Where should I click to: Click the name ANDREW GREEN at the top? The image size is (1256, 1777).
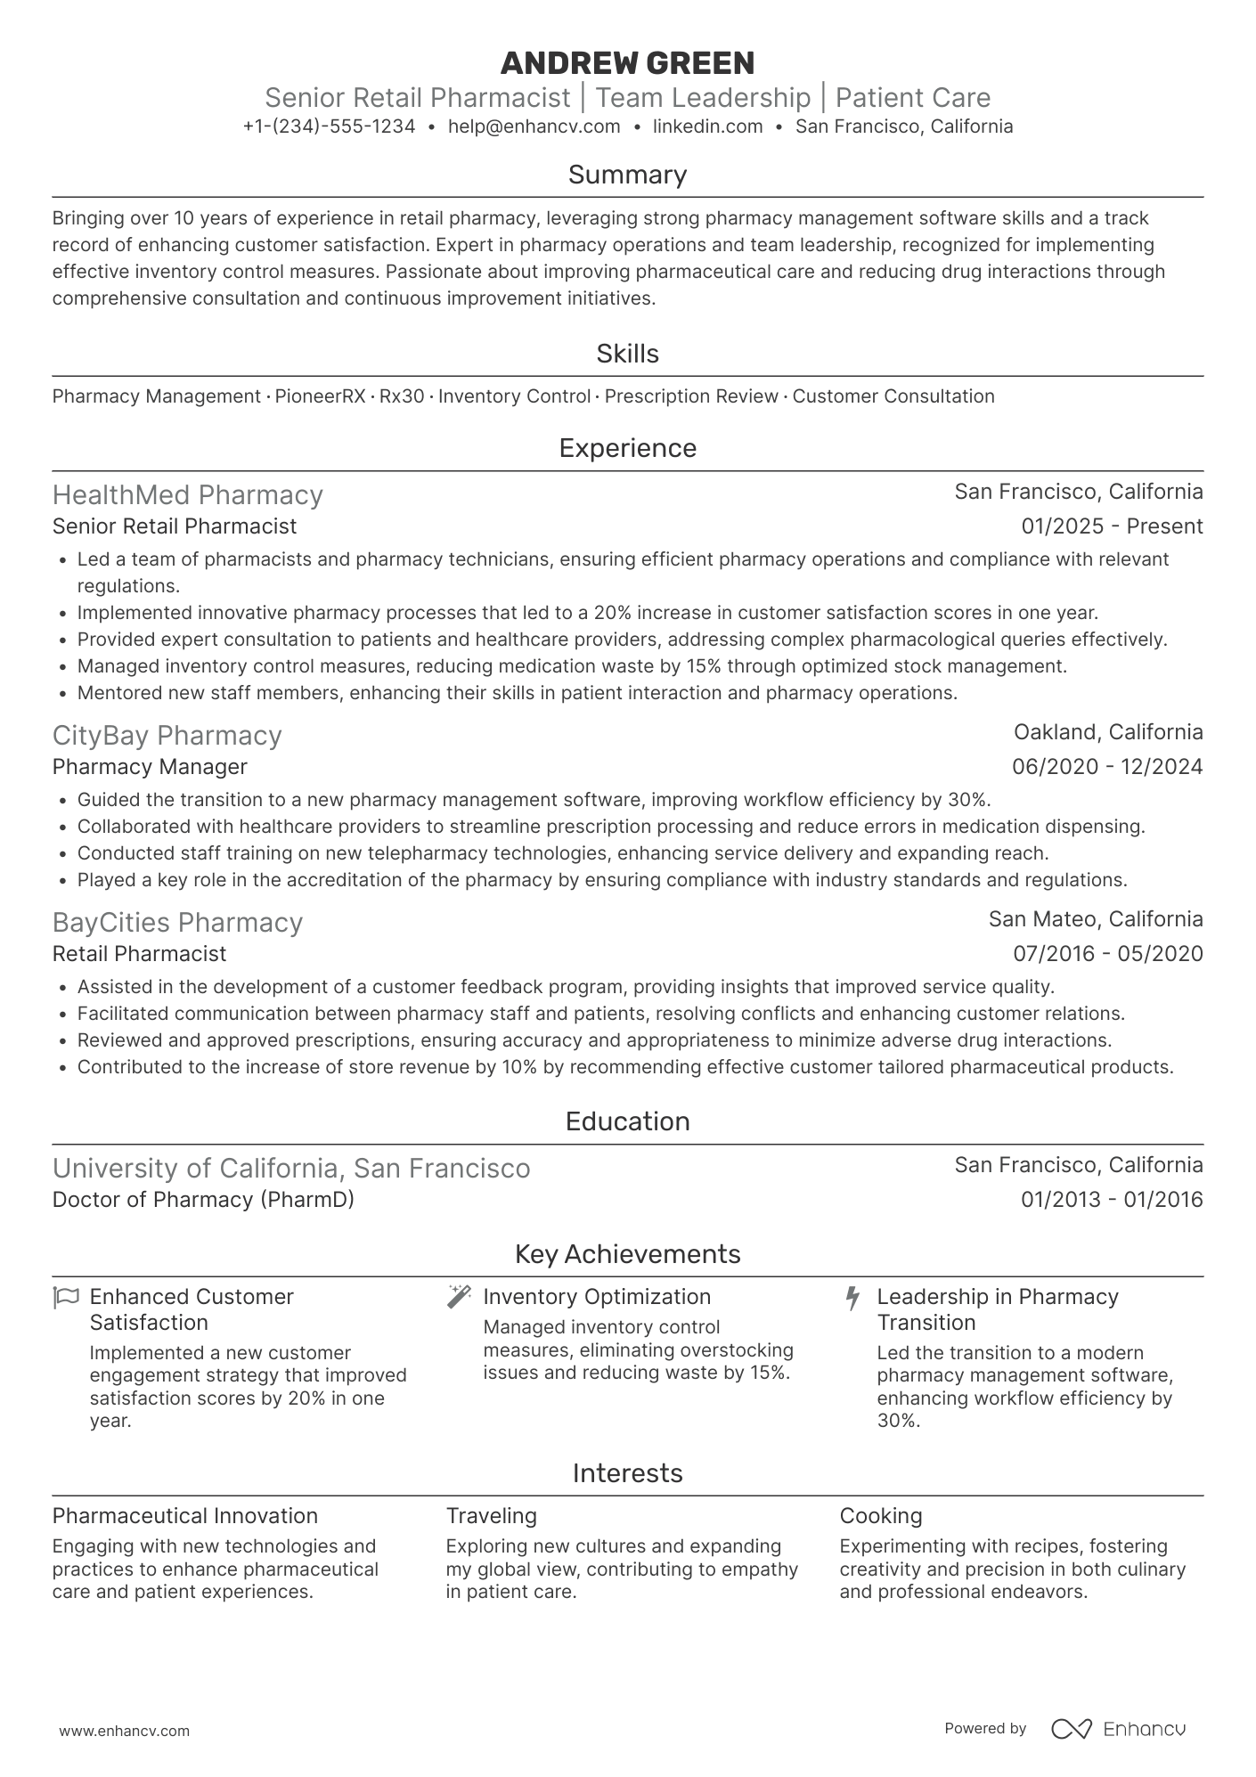point(627,63)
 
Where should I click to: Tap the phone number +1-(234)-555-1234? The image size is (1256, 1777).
point(329,126)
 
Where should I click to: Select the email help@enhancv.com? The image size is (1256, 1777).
point(534,126)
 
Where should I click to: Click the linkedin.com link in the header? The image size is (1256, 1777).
point(707,126)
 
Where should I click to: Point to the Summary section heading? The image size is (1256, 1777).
point(627,175)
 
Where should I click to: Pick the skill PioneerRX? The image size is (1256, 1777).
point(320,396)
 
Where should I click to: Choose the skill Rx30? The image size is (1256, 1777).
point(402,396)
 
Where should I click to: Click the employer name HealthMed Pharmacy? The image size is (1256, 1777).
point(187,495)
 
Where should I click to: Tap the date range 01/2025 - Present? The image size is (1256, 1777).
point(1112,526)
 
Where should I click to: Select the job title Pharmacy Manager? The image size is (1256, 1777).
point(150,767)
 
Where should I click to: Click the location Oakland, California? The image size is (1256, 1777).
point(1108,732)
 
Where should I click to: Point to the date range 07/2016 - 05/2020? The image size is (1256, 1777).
point(1107,954)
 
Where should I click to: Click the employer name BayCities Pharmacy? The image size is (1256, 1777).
point(177,923)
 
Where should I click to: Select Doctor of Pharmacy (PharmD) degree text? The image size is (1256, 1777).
point(203,1200)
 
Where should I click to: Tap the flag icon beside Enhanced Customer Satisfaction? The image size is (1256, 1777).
point(67,1297)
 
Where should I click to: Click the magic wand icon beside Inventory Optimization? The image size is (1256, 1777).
point(459,1297)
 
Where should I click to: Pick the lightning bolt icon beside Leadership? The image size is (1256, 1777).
point(852,1298)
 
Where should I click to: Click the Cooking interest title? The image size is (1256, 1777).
point(880,1516)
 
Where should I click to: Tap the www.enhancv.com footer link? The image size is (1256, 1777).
point(124,1732)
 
